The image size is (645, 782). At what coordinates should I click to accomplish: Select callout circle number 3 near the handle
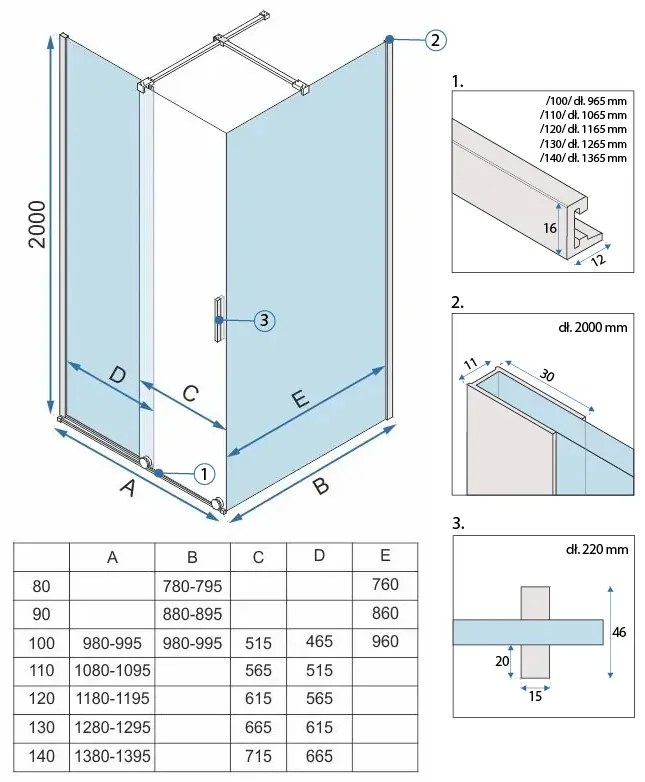tap(262, 320)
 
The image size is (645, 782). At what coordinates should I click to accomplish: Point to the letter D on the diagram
tap(117, 376)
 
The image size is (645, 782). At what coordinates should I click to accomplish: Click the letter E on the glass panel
tap(299, 400)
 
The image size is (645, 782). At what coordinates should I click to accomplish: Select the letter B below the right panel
tap(320, 487)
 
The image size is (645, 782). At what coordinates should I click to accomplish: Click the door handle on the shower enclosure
tap(216, 320)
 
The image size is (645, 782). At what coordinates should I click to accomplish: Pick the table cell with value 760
tap(384, 585)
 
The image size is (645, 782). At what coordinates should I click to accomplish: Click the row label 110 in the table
tap(41, 670)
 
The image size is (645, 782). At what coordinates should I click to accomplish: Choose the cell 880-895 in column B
tap(192, 613)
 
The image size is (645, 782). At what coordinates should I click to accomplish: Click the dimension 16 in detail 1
tap(549, 227)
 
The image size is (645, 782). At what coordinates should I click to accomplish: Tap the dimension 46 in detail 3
tap(621, 632)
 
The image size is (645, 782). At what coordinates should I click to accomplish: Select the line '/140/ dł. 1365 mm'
tap(586, 157)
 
